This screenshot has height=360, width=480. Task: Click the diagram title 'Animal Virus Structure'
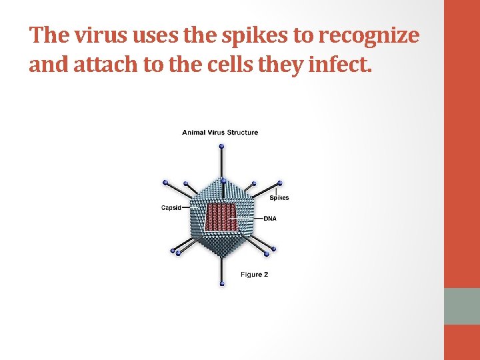click(220, 132)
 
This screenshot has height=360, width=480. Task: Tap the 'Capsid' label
click(171, 207)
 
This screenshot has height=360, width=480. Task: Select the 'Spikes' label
click(279, 198)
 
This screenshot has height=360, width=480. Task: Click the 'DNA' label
click(270, 218)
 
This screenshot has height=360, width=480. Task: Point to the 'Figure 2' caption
click(254, 275)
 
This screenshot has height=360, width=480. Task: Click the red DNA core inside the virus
click(221, 217)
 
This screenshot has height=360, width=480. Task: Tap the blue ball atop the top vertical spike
click(222, 146)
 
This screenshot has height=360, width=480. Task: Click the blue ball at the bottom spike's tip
click(222, 285)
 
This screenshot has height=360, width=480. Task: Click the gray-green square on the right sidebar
click(461, 306)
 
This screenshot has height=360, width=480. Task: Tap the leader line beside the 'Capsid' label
click(188, 207)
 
